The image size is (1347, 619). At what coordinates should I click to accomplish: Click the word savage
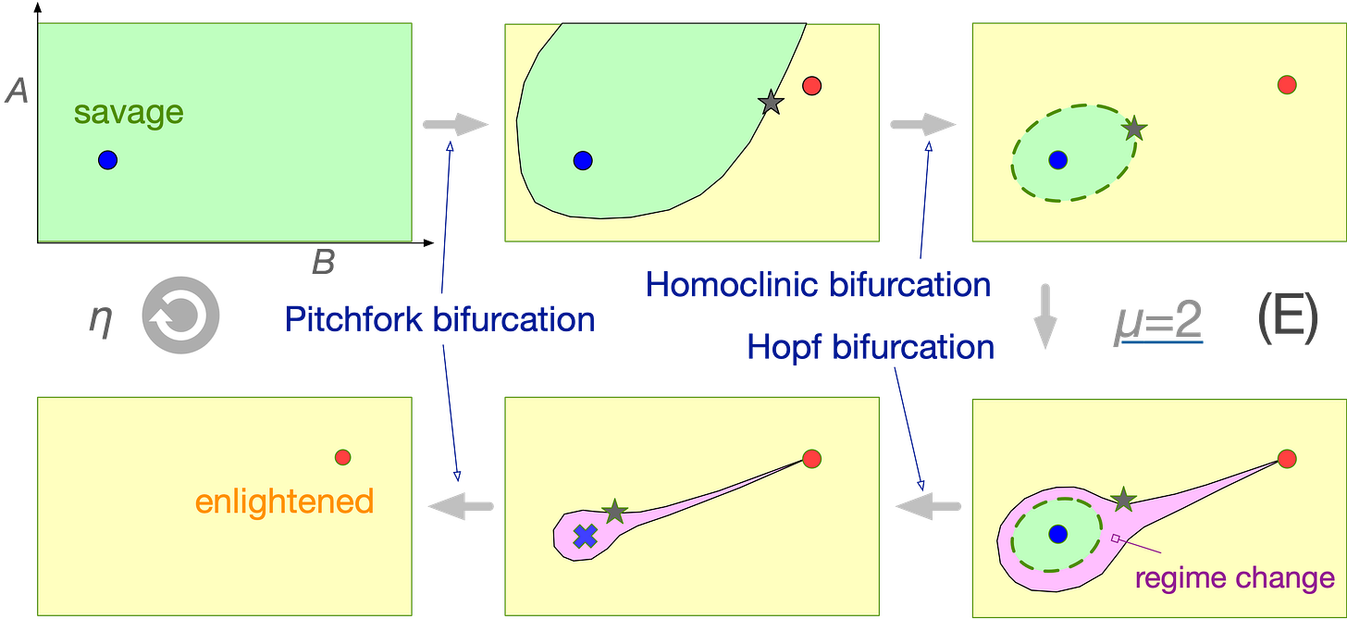[129, 113]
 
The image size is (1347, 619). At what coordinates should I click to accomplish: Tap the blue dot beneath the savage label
[108, 160]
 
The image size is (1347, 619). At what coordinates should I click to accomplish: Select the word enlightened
[284, 501]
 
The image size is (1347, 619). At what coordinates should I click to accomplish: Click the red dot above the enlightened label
[342, 457]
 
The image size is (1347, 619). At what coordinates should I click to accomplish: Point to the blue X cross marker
[584, 536]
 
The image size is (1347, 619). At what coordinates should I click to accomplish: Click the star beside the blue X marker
[613, 511]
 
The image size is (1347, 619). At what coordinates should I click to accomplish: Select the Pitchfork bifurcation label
[439, 319]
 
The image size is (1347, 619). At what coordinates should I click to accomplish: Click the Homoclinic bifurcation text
[819, 285]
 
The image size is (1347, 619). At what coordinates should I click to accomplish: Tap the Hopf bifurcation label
[871, 347]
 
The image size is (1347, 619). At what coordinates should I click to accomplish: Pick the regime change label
[1235, 578]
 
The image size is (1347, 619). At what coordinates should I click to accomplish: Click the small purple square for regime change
[1115, 538]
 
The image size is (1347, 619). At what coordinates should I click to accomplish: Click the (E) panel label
[1287, 321]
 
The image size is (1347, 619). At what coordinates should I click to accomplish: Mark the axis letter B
[322, 265]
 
